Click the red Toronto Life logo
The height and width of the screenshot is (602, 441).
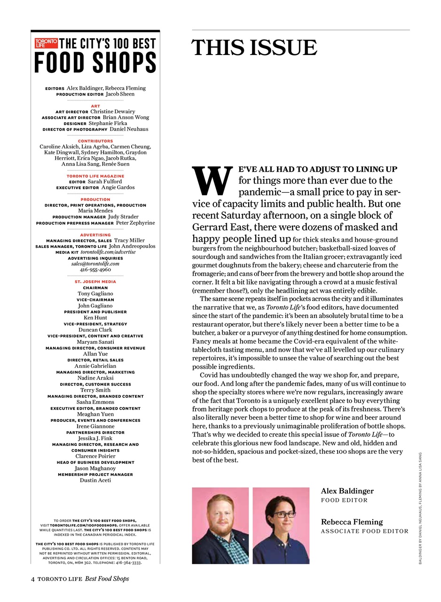[x=46, y=44]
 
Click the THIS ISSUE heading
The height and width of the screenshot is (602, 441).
[x=254, y=48]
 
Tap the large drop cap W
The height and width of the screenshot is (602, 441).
[x=212, y=182]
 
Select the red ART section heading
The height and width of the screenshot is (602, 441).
[x=95, y=106]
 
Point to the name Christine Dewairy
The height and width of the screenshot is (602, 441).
[x=112, y=111]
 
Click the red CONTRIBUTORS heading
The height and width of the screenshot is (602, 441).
[x=95, y=141]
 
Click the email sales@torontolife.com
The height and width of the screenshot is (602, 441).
[x=95, y=264]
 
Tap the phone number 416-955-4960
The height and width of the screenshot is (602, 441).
[x=95, y=270]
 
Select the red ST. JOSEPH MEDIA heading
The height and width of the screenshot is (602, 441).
[x=95, y=282]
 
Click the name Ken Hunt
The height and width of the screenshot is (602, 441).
[x=95, y=318]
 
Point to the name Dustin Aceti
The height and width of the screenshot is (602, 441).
[x=95, y=481]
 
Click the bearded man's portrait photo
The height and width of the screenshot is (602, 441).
[x=220, y=525]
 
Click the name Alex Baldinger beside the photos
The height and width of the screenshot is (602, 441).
[x=347, y=491]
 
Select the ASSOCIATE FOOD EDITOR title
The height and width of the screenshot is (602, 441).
[x=364, y=531]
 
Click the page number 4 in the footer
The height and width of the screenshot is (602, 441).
[x=33, y=579]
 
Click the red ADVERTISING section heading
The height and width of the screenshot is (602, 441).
[x=95, y=235]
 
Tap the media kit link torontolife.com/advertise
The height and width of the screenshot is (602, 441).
[x=108, y=252]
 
